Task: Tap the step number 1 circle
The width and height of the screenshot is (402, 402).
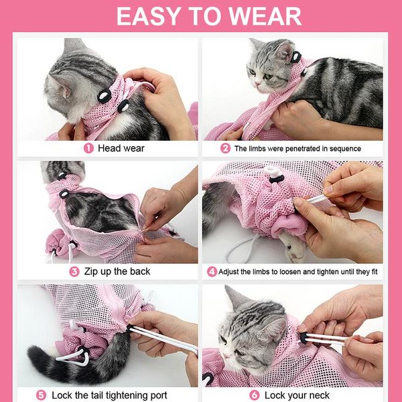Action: (88, 148)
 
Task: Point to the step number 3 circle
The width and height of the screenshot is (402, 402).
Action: (74, 271)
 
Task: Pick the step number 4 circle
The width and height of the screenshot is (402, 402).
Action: (212, 271)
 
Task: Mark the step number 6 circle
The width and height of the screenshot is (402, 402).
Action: (254, 395)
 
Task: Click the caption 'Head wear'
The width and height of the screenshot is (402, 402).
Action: (121, 148)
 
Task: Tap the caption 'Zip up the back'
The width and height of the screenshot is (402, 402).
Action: (118, 271)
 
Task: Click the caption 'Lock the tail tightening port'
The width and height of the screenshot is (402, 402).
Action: (109, 395)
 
